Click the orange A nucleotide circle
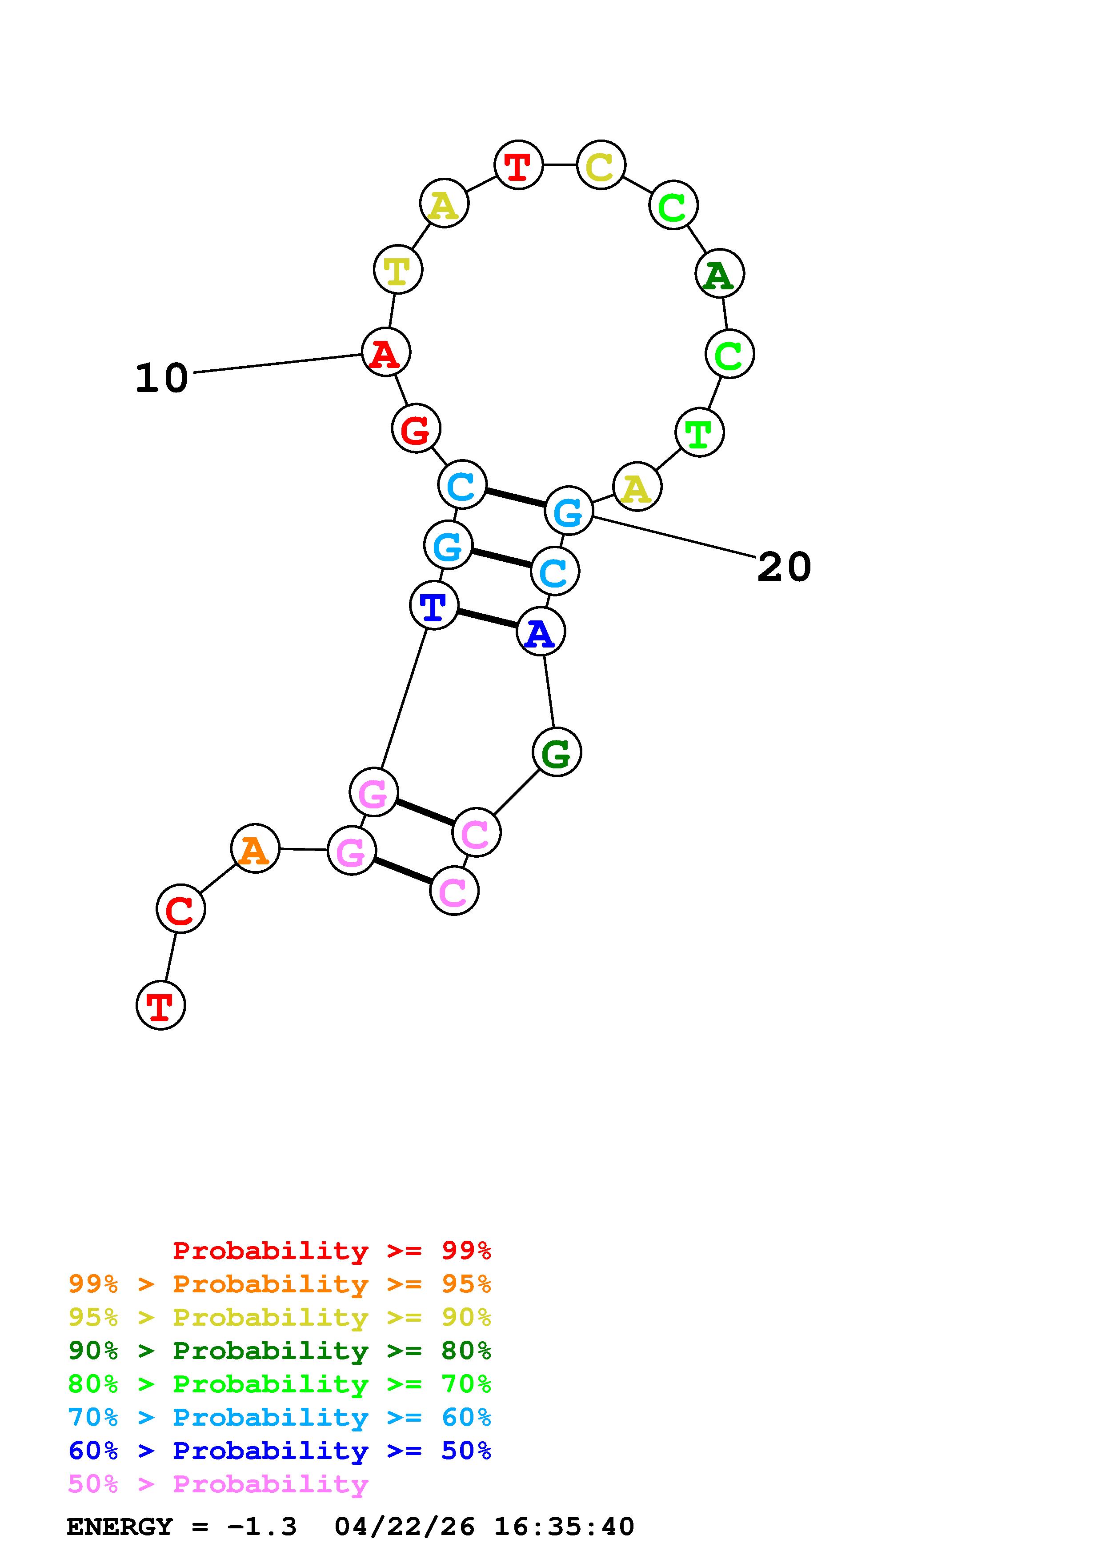pos(255,849)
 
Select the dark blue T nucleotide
pos(434,605)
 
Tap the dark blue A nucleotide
pos(541,632)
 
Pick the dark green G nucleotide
pos(557,752)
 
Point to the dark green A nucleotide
pos(720,274)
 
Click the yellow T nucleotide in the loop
pos(398,270)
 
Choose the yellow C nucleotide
pos(601,165)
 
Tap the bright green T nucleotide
pos(699,432)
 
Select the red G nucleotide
pos(416,428)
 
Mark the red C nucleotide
pos(180,908)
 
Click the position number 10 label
pos(162,378)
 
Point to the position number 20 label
pos(784,567)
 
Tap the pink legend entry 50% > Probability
pos(218,1484)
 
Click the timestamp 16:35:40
pos(564,1527)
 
